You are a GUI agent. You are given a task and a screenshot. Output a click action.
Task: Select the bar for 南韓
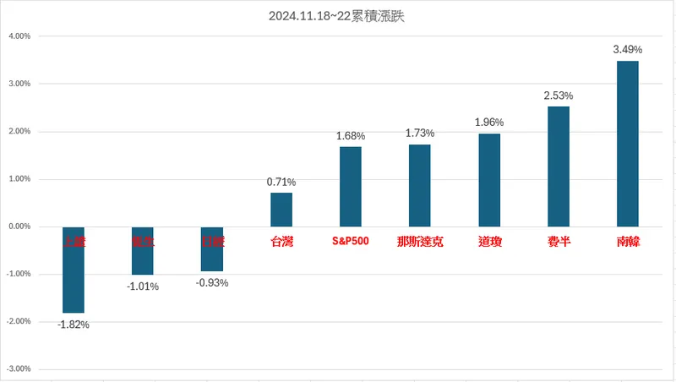[x=628, y=144]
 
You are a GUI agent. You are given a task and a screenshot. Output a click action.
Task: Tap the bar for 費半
[x=559, y=166]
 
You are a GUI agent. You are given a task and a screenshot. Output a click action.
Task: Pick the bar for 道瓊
[x=489, y=180]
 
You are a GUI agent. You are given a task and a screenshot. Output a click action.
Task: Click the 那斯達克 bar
[x=420, y=185]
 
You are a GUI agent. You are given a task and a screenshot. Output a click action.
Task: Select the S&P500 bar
[x=351, y=187]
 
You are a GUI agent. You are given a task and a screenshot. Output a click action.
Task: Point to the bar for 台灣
[x=281, y=210]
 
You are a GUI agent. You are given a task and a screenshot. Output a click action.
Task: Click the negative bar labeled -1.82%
[x=74, y=270]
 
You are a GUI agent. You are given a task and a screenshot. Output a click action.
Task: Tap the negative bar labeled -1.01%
[x=143, y=251]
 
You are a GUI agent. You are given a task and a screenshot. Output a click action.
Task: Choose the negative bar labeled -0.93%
[x=212, y=248]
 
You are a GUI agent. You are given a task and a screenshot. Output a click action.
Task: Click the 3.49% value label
[x=628, y=50]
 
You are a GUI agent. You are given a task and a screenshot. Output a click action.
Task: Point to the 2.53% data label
[x=559, y=95]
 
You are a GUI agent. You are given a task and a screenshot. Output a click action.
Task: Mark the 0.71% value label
[x=281, y=182]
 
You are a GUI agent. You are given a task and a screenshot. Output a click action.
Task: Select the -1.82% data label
[x=74, y=325]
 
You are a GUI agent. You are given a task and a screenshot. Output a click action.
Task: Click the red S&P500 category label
[x=351, y=242]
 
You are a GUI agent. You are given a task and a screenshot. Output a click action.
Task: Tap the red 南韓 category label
[x=628, y=242]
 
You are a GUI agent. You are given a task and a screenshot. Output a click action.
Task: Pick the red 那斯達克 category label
[x=420, y=242]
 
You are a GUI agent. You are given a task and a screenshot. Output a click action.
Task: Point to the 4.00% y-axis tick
[x=19, y=36]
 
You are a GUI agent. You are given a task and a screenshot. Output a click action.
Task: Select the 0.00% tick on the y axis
[x=19, y=226]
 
